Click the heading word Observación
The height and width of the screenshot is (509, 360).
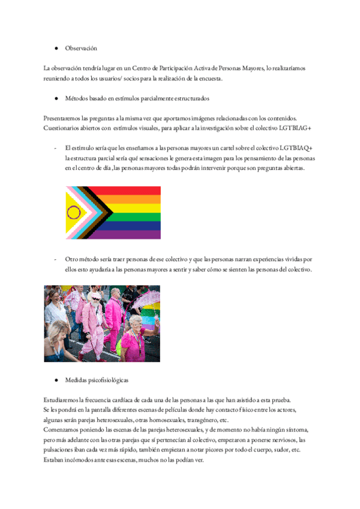pos(81,48)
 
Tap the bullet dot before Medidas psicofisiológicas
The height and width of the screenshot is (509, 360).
pos(56,381)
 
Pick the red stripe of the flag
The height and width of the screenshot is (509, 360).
pos(132,190)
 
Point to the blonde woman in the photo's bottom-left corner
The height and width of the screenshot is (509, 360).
pos(59,336)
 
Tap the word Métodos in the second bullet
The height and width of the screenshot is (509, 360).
pos(77,97)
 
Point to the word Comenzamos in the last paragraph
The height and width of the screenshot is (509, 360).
pos(64,430)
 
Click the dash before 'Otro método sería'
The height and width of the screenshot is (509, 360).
pos(55,259)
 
